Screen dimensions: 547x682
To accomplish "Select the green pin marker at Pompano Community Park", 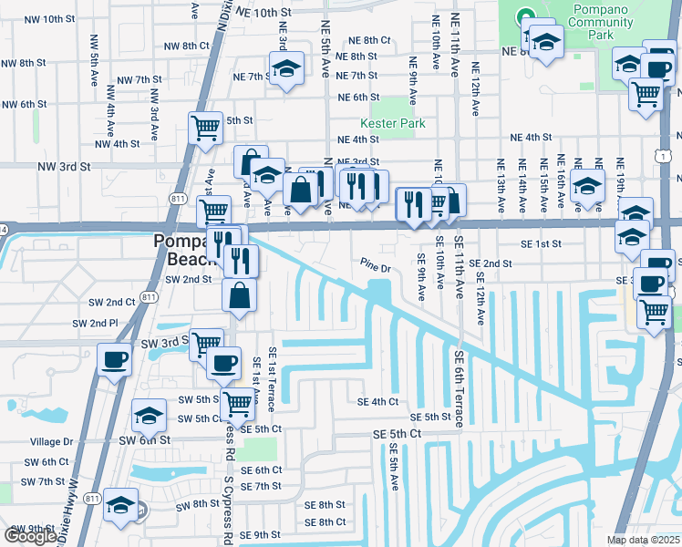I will pos(524,15).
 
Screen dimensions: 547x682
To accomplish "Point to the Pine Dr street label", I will pos(374,268).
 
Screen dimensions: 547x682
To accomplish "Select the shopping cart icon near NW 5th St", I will pos(205,128).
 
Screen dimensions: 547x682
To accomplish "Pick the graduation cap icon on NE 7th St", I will pos(286,69).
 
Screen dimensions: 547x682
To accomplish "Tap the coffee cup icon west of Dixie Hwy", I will pos(114,358).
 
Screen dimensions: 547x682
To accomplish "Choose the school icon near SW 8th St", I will pos(120,504).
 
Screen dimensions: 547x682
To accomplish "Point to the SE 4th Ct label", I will pos(377,401).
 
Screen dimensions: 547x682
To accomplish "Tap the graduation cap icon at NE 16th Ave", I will pos(587,187).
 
